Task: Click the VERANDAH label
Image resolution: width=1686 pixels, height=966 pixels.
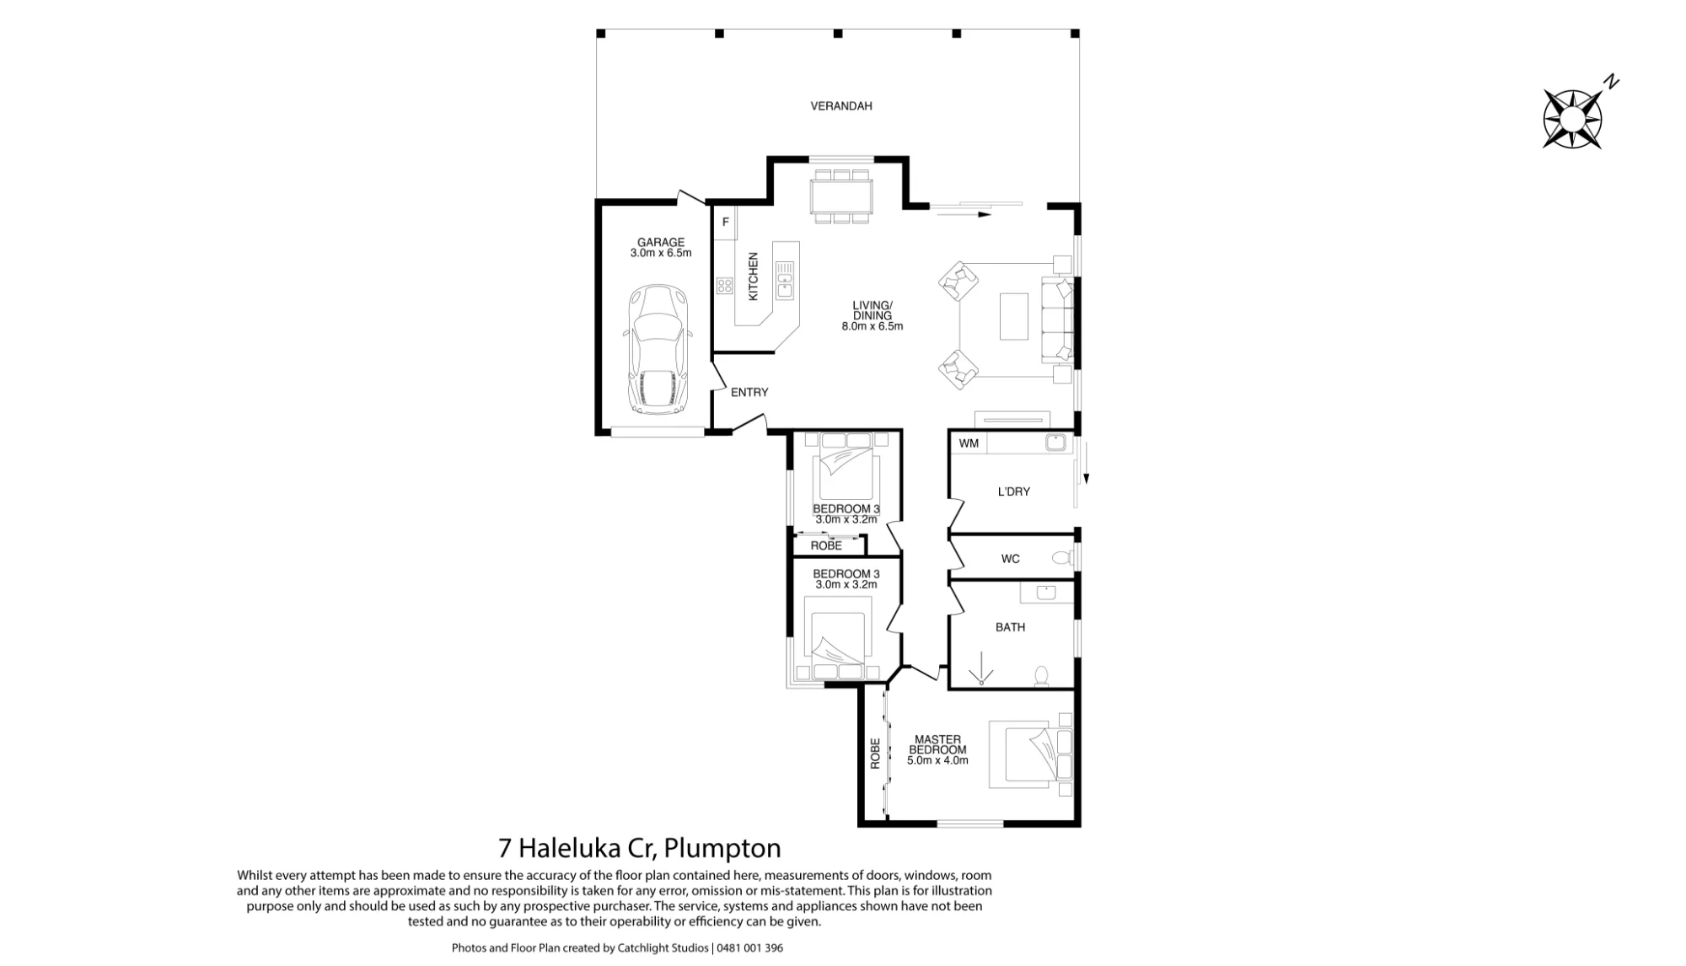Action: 841,106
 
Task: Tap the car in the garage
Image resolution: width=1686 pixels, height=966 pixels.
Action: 658,349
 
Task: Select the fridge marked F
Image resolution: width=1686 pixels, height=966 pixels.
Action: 725,223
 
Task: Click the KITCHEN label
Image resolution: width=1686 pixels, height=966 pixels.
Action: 754,276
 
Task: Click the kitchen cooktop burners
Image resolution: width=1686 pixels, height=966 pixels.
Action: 725,286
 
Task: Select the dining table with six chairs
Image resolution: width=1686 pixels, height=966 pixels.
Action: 841,196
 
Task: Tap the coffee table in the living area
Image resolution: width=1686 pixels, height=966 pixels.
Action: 1014,316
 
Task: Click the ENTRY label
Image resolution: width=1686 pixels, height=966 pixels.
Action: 749,393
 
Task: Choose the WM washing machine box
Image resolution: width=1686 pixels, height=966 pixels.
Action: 969,443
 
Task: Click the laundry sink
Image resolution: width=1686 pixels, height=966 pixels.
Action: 1056,443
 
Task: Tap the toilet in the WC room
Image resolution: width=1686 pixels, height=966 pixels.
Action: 1063,558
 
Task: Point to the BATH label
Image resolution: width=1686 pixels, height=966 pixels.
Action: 1010,627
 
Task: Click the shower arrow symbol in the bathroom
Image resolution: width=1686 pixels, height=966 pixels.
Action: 981,669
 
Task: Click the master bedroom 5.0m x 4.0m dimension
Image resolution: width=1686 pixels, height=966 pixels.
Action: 937,760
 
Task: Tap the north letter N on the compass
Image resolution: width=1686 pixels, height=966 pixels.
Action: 1612,82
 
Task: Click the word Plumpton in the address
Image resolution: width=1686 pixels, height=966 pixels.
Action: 722,848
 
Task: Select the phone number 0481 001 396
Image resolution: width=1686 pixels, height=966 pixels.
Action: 750,948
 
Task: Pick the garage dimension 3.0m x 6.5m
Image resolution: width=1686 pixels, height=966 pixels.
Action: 661,253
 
